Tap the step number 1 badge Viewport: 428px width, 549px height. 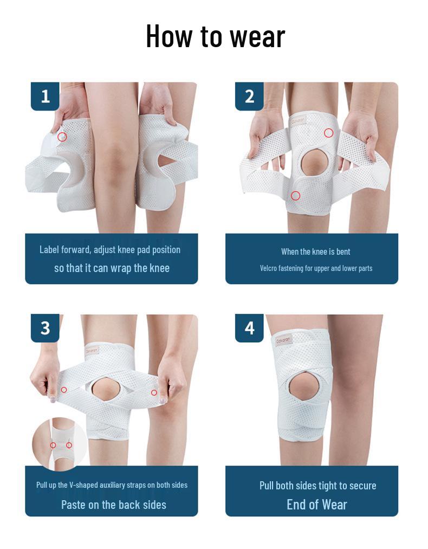coord(45,96)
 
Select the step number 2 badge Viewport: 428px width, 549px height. coord(249,96)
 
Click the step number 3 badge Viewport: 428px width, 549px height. coord(45,328)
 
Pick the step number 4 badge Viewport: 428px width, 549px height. coord(249,328)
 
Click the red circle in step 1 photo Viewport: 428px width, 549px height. coord(62,137)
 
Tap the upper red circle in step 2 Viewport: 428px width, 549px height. coord(328,133)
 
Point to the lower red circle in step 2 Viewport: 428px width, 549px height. coord(295,196)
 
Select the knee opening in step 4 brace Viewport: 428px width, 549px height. coord(302,387)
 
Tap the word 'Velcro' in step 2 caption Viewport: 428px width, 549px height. coord(269,268)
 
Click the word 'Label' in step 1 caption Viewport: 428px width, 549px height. coord(48,250)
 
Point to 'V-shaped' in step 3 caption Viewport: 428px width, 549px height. coord(85,485)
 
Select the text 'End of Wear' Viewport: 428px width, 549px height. coord(316,505)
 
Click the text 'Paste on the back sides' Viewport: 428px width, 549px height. coord(114,505)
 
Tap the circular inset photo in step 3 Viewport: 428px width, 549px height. coord(60,443)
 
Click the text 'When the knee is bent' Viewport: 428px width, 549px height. coord(315,251)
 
